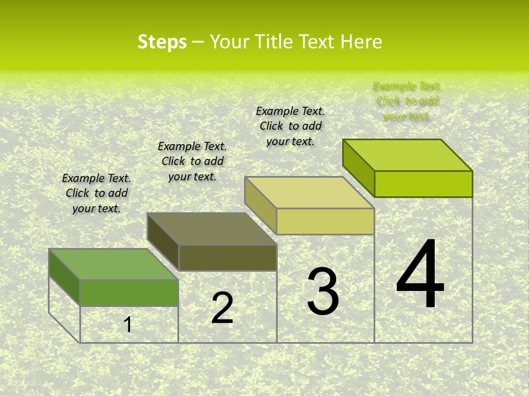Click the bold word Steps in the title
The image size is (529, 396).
(x=162, y=42)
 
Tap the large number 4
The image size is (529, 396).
(x=420, y=274)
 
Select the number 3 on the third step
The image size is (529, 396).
(x=323, y=292)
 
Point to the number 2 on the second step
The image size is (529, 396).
(x=222, y=309)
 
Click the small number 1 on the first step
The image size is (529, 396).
(x=128, y=324)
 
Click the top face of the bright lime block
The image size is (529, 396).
(x=408, y=155)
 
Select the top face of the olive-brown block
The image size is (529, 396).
(x=212, y=229)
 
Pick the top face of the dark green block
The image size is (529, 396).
(x=114, y=265)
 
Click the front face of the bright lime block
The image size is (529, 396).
(x=423, y=184)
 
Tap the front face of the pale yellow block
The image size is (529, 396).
(x=325, y=221)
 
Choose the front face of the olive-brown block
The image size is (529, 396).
(x=228, y=257)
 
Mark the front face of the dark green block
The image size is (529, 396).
(x=129, y=293)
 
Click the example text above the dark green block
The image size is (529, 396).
(x=96, y=194)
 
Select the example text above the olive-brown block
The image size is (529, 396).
(x=192, y=161)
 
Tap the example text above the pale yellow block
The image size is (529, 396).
(x=290, y=126)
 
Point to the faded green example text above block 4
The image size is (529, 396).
(x=407, y=101)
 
